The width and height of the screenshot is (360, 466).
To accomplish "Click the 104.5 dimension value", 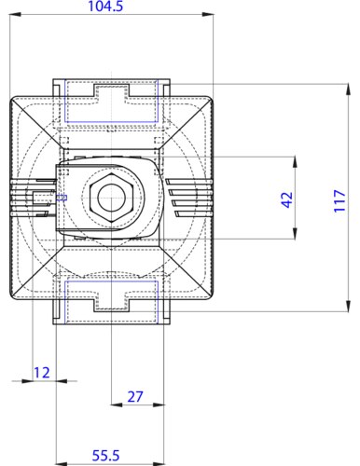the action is pyautogui.click(x=105, y=7).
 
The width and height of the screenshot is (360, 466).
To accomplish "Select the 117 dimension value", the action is pyautogui.click(x=339, y=200).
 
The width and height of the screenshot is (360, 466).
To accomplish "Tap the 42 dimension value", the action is pyautogui.click(x=287, y=199).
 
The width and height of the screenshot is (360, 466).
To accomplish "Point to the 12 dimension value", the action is pyautogui.click(x=42, y=373).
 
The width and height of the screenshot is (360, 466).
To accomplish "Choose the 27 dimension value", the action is pyautogui.click(x=135, y=397).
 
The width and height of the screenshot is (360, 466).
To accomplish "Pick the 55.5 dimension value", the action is pyautogui.click(x=105, y=456).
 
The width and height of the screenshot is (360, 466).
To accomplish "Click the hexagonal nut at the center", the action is pyautogui.click(x=111, y=197).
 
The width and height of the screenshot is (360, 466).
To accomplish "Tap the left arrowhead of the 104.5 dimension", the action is pyautogui.click(x=15, y=14).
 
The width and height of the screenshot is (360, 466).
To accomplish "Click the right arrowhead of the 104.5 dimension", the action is pyautogui.click(x=208, y=14).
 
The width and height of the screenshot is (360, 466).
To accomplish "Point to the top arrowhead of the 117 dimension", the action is pyautogui.click(x=348, y=89).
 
